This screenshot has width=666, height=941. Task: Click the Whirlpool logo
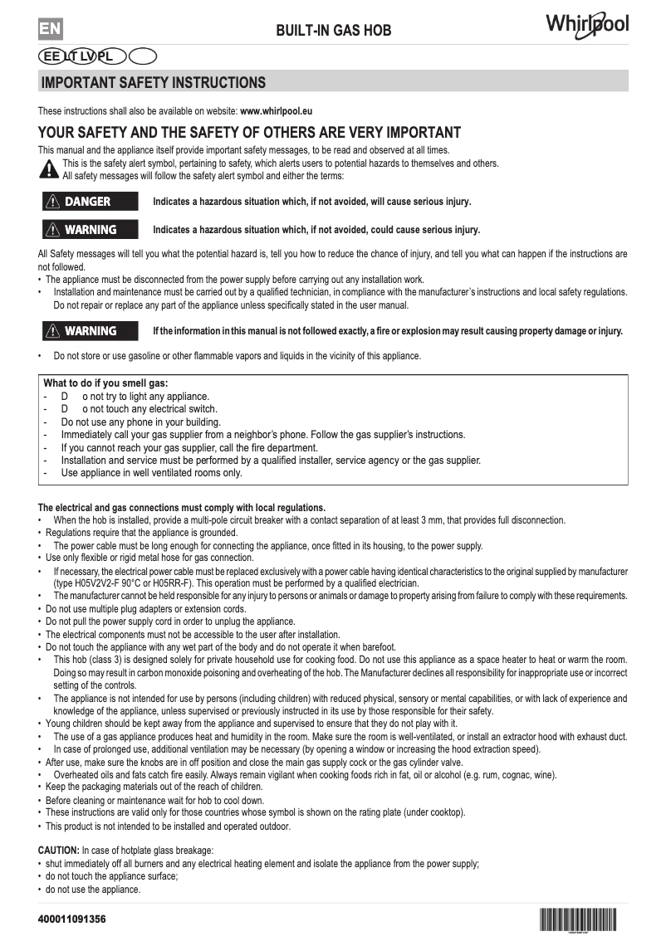586,25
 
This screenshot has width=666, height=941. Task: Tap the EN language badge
50,29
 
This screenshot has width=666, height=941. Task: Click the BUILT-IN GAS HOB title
333,32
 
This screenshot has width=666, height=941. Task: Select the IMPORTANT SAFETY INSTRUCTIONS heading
154,82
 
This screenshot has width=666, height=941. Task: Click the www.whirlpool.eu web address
276,110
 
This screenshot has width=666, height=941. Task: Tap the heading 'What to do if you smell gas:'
105,383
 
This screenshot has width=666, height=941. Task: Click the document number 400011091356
72,920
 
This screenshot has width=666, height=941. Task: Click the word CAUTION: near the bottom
59,851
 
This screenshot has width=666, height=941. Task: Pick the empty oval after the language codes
143,56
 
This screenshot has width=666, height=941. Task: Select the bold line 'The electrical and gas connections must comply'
182,508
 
